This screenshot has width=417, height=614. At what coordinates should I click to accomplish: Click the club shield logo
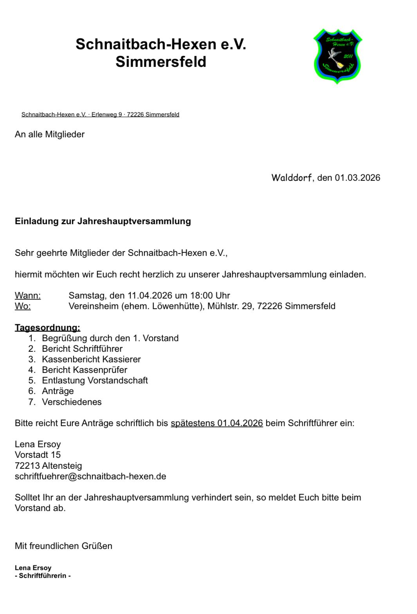[x=337, y=56]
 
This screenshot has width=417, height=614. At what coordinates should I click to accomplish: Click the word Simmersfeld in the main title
[x=161, y=62]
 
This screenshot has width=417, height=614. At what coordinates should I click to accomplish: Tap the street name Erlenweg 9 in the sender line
[x=106, y=115]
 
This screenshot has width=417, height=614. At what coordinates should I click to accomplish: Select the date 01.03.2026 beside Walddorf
[x=357, y=178]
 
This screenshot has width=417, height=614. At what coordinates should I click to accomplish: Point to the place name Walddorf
[x=292, y=178]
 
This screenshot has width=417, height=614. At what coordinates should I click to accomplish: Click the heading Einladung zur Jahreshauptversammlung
[x=103, y=221]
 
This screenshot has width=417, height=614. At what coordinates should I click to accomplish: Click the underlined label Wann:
[x=28, y=295]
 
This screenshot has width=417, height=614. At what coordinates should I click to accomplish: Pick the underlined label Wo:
[x=23, y=306]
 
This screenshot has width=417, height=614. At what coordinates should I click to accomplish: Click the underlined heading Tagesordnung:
[x=47, y=328]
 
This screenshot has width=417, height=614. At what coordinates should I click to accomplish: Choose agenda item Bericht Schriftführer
[x=82, y=349]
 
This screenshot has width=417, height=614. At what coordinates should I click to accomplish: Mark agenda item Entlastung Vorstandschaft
[x=95, y=380]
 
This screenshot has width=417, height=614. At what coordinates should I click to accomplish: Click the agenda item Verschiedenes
[x=72, y=402]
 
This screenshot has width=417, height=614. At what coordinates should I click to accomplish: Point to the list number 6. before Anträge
[x=32, y=391]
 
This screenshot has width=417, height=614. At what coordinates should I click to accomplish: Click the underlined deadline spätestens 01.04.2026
[x=217, y=423]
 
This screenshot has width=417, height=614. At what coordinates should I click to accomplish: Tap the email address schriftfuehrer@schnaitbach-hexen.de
[x=90, y=476]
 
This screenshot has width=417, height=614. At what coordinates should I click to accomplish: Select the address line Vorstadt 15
[x=38, y=455]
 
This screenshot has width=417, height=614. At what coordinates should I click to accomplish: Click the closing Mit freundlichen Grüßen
[x=63, y=546]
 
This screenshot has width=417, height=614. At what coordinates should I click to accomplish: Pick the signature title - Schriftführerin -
[x=43, y=576]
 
